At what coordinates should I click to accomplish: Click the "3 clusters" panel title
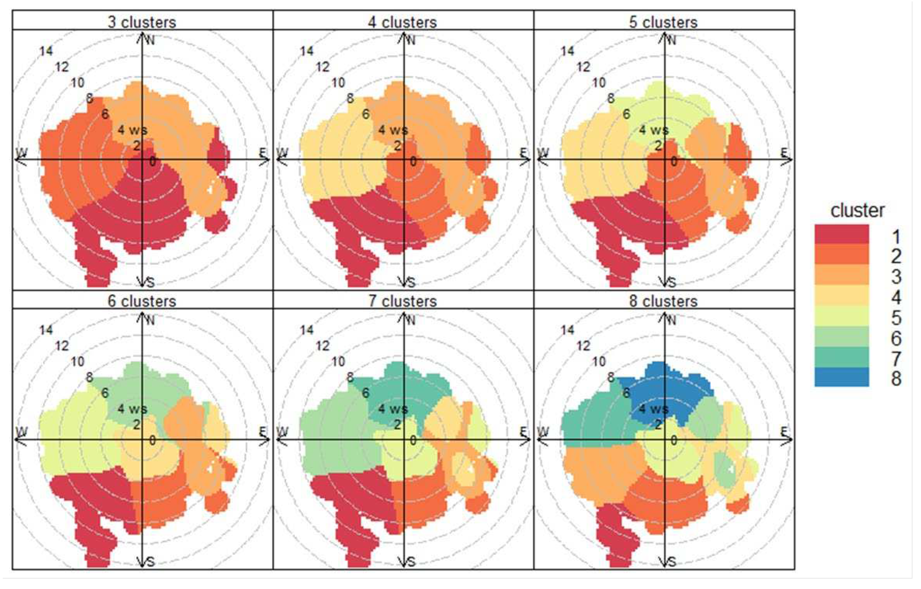coord(142,22)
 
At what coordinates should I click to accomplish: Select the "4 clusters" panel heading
coord(402,22)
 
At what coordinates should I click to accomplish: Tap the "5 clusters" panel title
coord(663,22)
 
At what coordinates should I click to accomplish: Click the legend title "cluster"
coord(857,211)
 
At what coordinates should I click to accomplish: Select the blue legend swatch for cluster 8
coord(842,377)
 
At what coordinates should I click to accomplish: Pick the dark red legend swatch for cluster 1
coord(842,234)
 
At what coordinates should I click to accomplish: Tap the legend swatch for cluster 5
coord(842,316)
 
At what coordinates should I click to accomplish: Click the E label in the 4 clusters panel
coord(523,153)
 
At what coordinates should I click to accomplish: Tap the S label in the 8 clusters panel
coord(672,562)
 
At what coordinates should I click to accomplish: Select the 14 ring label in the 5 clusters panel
coord(567,51)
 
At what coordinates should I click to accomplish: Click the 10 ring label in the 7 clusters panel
coord(338,361)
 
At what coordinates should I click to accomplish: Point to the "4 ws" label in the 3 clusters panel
coord(132,130)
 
